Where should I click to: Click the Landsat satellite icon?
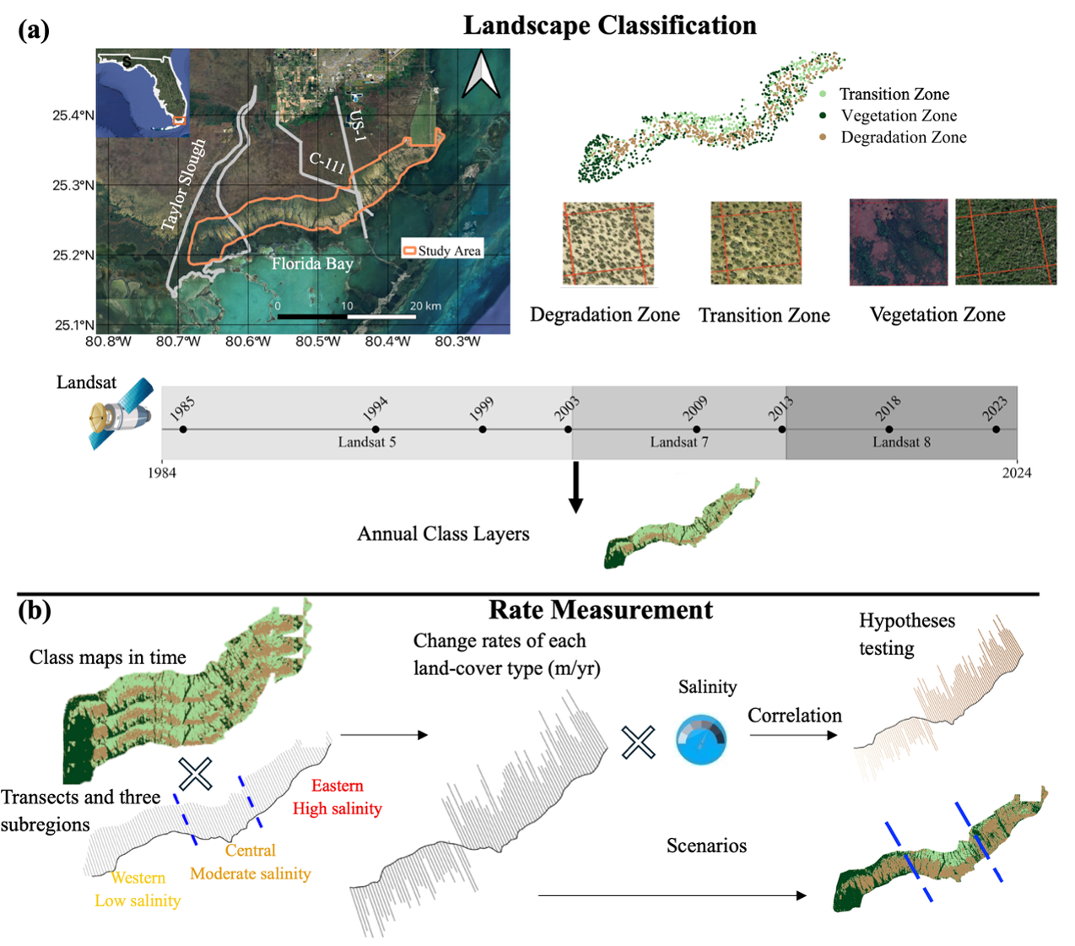122,414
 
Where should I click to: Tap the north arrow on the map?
481,74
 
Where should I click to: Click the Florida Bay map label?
312,263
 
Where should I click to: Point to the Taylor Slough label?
183,185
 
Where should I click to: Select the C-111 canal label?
327,163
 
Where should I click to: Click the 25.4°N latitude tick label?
73,116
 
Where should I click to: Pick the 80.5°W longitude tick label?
318,342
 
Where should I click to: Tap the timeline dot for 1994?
375,430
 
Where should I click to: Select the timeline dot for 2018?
889,430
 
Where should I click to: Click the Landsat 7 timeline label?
679,442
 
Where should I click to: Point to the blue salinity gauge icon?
701,739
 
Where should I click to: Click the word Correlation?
794,716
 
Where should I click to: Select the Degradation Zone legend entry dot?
823,138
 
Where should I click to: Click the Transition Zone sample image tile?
756,243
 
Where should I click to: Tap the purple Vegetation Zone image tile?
899,242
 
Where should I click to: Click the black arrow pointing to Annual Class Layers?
575,487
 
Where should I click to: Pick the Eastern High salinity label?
338,797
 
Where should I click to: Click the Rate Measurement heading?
601,609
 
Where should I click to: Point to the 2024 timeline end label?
1017,473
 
